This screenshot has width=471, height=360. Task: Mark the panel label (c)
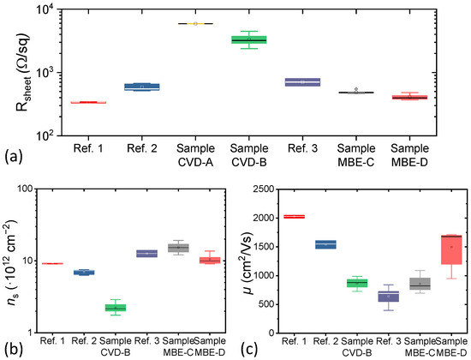tap(248, 346)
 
